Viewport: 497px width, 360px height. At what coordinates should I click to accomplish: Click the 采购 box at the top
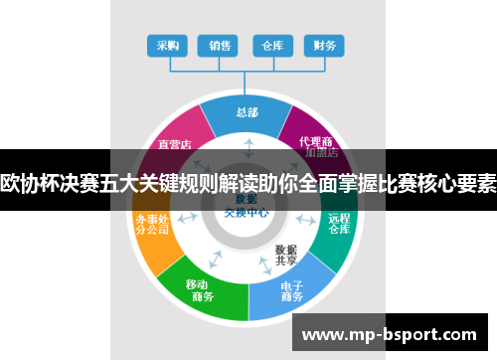[168, 46]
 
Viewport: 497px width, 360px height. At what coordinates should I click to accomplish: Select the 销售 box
[220, 46]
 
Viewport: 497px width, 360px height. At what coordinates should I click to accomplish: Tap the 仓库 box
[271, 46]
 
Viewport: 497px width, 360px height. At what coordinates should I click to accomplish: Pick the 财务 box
[323, 46]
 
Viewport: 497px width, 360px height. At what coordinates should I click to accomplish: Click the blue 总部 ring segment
[246, 112]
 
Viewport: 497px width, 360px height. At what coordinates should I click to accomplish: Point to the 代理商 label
[315, 141]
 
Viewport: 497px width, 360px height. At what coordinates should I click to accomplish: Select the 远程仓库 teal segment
[339, 224]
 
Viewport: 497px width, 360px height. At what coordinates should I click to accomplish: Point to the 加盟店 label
[321, 154]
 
